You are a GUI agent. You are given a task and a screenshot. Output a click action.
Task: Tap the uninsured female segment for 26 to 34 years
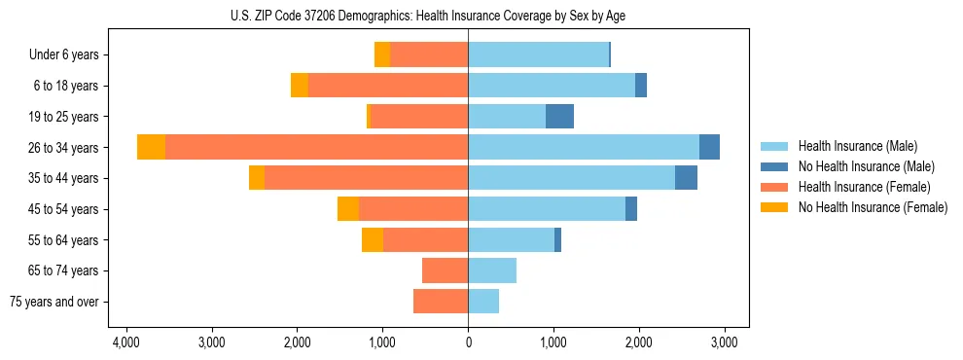tap(151, 147)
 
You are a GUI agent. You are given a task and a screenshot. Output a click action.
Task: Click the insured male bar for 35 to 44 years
tap(571, 178)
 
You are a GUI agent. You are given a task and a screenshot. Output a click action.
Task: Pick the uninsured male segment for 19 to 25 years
tap(559, 117)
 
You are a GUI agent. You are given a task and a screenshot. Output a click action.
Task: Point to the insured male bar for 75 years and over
tap(483, 302)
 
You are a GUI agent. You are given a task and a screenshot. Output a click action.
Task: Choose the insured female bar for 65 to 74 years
tap(445, 270)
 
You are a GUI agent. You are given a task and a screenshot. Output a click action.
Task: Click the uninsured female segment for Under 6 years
tap(382, 54)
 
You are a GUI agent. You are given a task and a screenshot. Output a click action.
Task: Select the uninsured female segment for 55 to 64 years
tap(373, 239)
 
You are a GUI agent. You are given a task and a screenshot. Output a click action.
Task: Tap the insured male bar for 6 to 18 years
tap(552, 86)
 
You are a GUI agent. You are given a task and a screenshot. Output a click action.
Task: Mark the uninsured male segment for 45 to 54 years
tap(631, 208)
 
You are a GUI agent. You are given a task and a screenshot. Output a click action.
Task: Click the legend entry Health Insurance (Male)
tap(857, 146)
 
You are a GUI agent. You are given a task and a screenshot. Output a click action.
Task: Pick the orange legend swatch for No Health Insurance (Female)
tap(775, 207)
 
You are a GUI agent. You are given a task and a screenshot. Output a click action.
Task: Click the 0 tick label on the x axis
tap(468, 342)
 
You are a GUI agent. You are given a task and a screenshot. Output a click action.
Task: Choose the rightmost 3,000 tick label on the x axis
tap(724, 342)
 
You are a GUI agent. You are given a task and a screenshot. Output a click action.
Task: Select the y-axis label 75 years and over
tap(54, 302)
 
